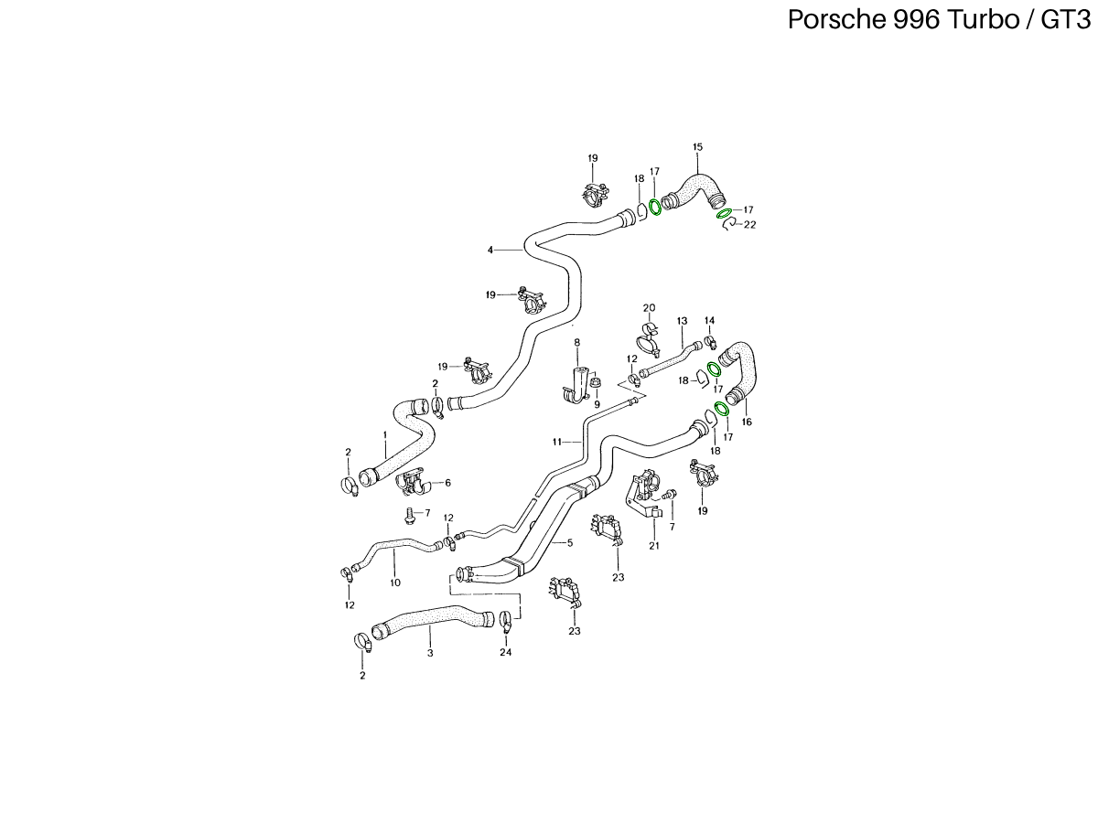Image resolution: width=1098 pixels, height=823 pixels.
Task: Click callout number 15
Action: [697, 147]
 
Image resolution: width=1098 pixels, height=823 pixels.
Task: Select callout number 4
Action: [490, 249]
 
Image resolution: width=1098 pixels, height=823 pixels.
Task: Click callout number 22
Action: [750, 224]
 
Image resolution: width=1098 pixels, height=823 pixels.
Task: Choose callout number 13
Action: [682, 321]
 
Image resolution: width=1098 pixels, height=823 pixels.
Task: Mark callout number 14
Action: [709, 320]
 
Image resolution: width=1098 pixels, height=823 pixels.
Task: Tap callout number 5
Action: [569, 542]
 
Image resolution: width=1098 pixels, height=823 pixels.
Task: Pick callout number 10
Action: [395, 582]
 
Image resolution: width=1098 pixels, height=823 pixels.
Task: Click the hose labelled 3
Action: [430, 623]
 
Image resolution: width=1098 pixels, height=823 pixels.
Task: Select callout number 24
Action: [506, 652]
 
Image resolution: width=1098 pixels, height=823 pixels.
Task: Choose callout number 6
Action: [447, 483]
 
